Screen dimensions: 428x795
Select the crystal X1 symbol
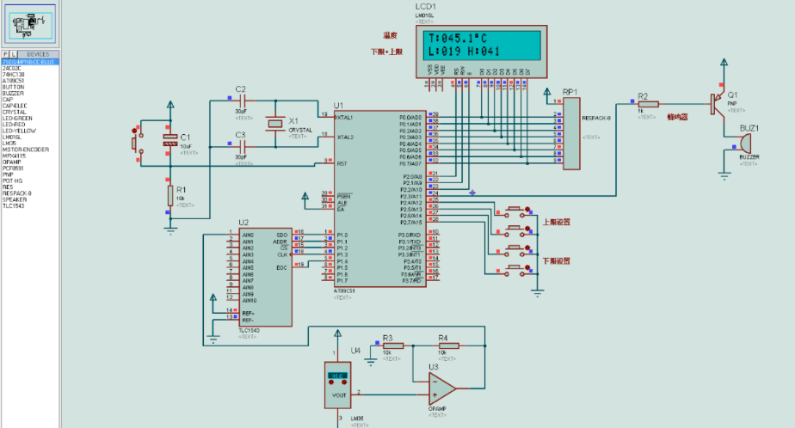pos(274,123)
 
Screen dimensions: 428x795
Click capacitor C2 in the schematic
pos(240,101)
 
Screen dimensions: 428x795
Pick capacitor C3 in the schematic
pos(240,146)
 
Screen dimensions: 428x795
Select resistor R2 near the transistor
pos(647,104)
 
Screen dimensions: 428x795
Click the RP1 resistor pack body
pos(572,133)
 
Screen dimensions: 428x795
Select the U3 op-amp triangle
pos(442,388)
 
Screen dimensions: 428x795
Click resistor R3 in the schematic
pos(388,345)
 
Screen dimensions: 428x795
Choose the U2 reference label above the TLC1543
pos(243,223)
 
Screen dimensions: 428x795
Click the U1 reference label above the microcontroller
pos(337,104)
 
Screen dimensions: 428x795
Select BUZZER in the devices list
pos(14,93)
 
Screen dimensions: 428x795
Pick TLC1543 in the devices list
pos(14,205)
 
